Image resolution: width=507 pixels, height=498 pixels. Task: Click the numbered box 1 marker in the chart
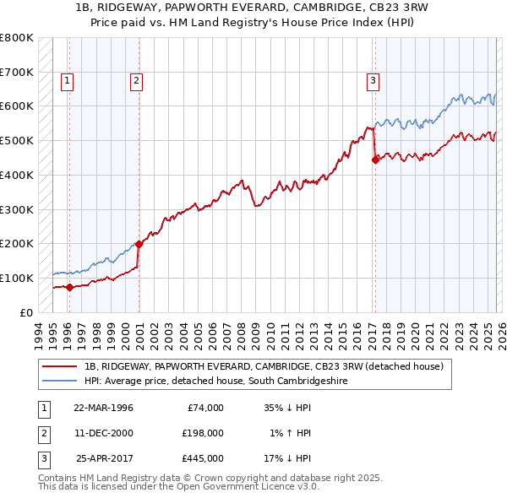67,81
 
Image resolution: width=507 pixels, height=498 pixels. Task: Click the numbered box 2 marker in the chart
135,81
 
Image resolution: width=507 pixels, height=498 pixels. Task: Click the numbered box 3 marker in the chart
372,81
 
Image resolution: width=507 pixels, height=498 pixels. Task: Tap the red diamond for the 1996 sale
69,287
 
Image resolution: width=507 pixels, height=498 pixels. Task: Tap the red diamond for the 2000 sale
139,244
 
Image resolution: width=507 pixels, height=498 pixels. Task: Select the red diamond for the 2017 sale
375,159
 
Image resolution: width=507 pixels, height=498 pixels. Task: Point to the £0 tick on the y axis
26,312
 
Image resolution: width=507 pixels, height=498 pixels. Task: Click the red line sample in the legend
60,367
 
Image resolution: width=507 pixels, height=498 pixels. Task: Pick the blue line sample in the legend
60,382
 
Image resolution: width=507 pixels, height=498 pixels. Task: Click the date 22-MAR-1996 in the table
103,408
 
